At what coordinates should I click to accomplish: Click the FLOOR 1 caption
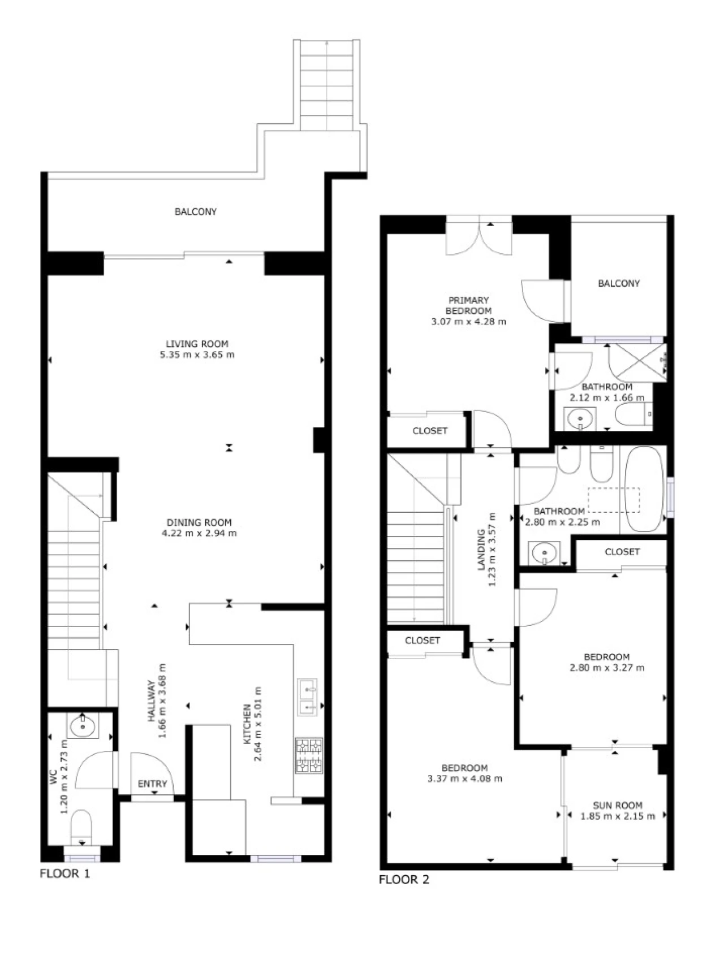pos(64,873)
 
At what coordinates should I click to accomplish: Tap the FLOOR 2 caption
pos(404,880)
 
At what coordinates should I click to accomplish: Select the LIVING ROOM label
pos(197,344)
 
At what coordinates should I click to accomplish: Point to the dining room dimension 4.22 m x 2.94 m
pos(199,533)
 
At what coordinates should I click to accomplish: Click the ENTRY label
pos(153,784)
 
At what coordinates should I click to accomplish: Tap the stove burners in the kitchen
pos(308,755)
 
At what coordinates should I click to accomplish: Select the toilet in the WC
pos(81,826)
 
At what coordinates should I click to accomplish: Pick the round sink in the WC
pos(83,725)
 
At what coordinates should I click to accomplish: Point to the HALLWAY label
pos(152,701)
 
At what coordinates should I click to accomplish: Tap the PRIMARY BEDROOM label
pos(468,305)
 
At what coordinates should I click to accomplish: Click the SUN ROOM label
pos(618,805)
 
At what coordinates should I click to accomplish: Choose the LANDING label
pos(481,550)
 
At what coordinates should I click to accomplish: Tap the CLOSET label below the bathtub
pos(622,552)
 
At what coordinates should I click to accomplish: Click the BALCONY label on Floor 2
pos(619,283)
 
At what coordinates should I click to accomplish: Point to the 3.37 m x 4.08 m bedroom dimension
pos(465,778)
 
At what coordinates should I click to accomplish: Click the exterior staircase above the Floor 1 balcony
pos(327,85)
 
